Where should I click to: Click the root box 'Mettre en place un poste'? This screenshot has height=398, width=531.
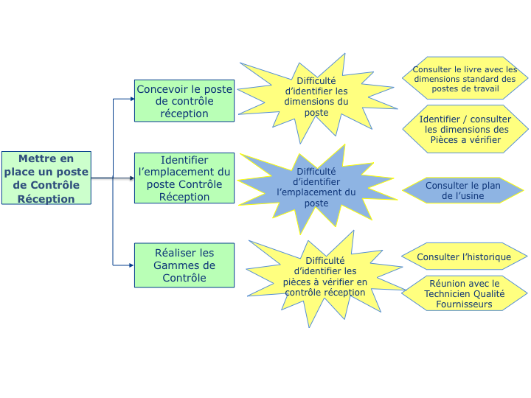[46, 178]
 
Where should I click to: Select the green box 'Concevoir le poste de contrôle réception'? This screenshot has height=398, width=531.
[184, 101]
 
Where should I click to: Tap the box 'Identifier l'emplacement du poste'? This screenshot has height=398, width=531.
[184, 178]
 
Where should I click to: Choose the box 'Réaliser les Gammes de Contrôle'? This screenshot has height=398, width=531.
[184, 265]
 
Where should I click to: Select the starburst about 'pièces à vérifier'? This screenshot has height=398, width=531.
[325, 276]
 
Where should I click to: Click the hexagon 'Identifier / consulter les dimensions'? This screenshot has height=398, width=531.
[465, 129]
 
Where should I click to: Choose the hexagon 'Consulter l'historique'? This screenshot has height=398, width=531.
[465, 256]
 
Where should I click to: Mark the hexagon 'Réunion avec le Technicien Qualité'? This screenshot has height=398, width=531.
[465, 293]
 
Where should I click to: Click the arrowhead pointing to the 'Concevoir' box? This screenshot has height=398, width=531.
[131, 99]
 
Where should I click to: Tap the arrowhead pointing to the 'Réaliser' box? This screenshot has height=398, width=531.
[131, 265]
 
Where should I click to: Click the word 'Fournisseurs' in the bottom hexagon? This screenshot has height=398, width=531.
[465, 303]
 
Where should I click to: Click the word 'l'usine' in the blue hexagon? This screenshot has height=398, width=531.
[471, 196]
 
